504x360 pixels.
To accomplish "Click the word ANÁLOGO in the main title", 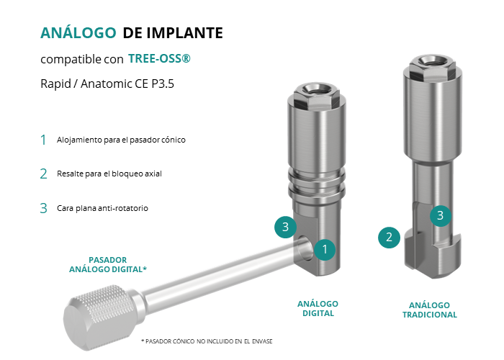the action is coord(78,33).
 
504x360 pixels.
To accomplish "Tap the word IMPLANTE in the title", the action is coord(184,33).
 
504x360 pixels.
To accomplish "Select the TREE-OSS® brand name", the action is coord(159,58).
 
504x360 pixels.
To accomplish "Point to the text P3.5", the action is coord(163,84).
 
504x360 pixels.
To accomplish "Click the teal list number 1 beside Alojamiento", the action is coord(43,140).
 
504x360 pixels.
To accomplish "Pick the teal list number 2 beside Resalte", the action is coord(43,174).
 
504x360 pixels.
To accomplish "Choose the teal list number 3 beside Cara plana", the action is coord(43,208).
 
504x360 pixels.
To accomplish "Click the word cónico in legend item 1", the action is coord(174,140).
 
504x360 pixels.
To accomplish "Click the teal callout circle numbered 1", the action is coord(325,249).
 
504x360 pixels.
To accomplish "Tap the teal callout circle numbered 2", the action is coord(389,238).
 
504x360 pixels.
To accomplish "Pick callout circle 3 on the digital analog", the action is coord(285,227).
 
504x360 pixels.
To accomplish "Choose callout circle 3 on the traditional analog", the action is coord(441,215).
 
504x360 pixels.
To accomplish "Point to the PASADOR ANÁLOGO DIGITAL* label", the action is coord(108,264).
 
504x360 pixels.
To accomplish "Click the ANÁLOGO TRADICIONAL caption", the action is coord(430,310).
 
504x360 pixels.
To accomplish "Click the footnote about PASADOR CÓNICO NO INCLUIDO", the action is coord(207,341).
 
